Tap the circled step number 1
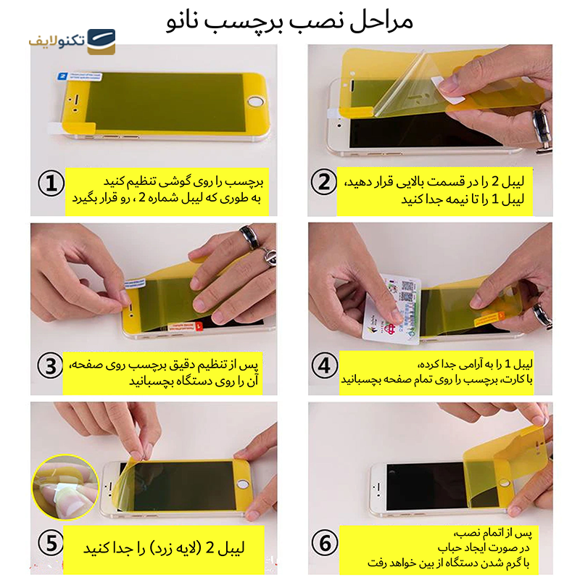[50, 185]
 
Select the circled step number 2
[325, 184]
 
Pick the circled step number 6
[325, 542]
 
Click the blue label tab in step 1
[62, 75]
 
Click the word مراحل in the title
[384, 21]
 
